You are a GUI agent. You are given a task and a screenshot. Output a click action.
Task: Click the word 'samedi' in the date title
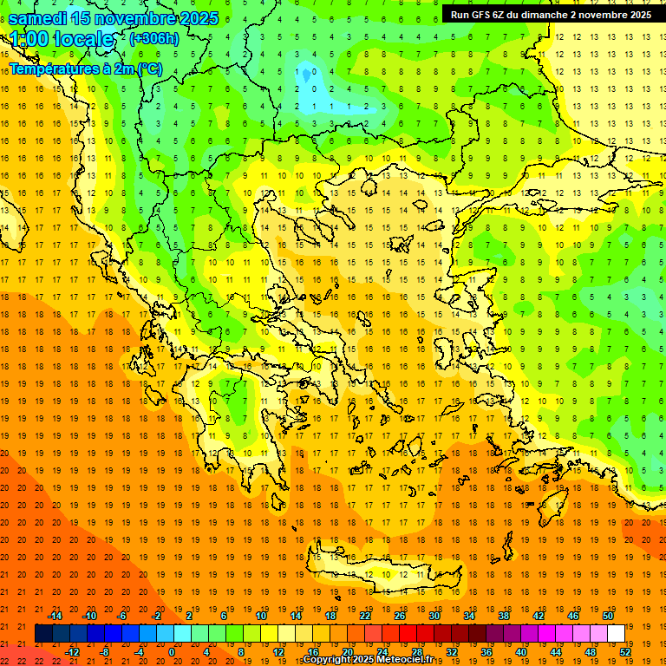(x=38, y=18)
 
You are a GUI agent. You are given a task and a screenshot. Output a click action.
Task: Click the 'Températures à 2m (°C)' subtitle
(x=85, y=69)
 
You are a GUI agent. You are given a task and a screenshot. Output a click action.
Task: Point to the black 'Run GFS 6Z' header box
(x=551, y=14)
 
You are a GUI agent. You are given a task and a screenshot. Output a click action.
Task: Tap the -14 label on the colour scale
(x=55, y=616)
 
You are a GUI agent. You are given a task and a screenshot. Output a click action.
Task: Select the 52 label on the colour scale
(x=626, y=652)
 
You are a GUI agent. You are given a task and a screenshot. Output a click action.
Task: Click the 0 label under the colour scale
(x=171, y=652)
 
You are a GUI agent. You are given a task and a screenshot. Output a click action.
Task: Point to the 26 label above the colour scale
(x=400, y=616)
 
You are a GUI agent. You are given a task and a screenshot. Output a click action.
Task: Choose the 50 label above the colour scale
(x=608, y=616)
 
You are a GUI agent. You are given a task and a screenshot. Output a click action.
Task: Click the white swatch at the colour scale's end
(x=616, y=634)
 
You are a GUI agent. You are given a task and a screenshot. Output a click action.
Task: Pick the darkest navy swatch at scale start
(x=43, y=634)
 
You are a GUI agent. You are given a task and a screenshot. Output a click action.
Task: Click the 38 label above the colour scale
(x=504, y=616)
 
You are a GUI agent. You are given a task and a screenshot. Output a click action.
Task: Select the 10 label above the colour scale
(x=261, y=616)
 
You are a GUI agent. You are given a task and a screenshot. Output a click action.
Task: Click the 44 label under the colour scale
(x=556, y=652)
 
